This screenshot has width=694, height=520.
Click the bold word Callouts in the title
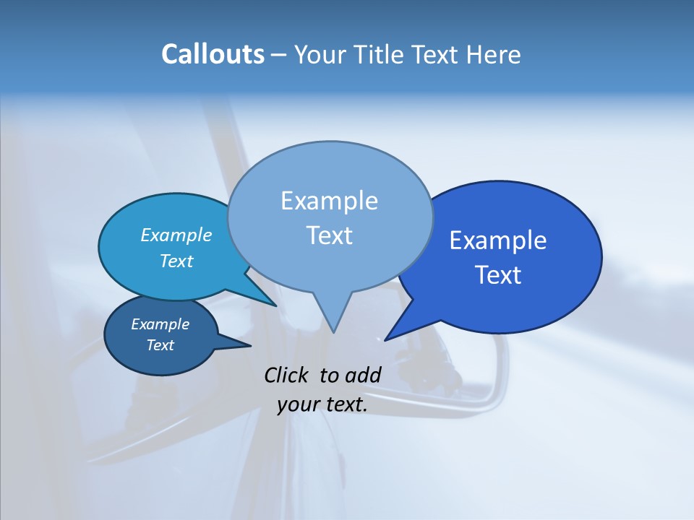(x=213, y=54)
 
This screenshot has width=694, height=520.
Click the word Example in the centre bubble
(x=329, y=201)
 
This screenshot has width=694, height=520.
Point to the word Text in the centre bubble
(x=329, y=235)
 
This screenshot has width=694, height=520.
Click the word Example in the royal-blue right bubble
(x=498, y=240)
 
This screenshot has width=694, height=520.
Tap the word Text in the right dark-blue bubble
(x=498, y=275)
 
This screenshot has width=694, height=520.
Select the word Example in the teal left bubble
(x=176, y=235)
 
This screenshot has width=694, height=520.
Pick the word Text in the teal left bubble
(x=176, y=261)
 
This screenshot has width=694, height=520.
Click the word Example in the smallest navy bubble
(x=160, y=324)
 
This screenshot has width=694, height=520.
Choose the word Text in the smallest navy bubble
(x=160, y=345)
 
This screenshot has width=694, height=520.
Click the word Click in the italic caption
(x=286, y=375)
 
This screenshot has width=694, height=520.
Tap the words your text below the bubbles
(x=322, y=404)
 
